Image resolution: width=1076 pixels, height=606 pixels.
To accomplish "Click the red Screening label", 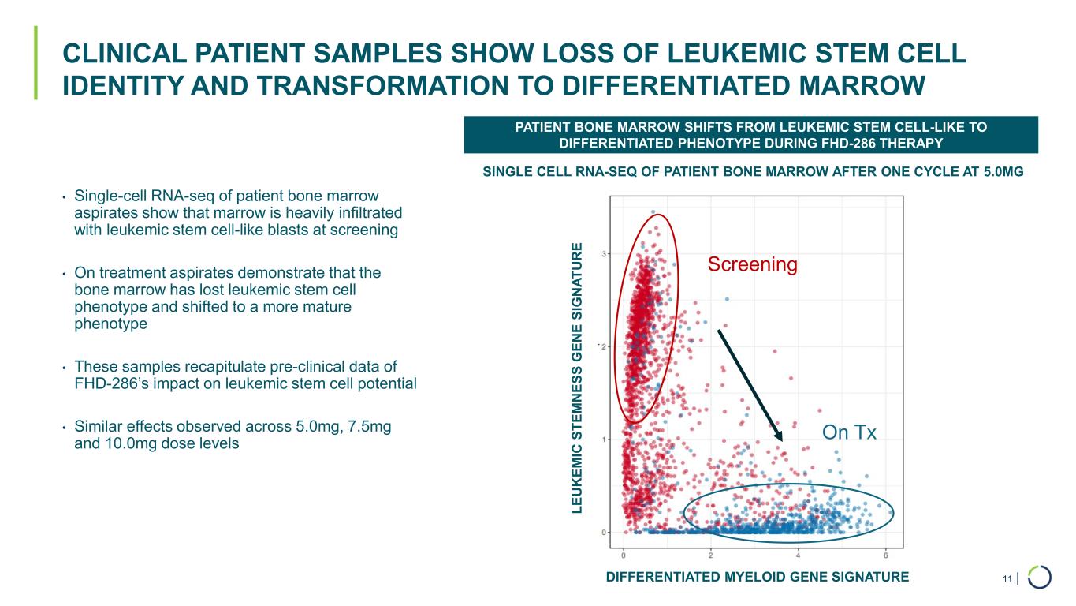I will click(x=752, y=265).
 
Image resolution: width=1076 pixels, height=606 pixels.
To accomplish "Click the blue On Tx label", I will click(x=849, y=432).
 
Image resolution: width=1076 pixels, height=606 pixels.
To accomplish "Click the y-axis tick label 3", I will click(x=605, y=253).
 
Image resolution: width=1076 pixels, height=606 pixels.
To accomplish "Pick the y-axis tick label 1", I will click(x=605, y=440).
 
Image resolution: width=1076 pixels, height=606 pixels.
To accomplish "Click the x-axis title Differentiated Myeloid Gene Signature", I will click(x=757, y=578).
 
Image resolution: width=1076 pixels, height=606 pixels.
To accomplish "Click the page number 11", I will click(x=1007, y=580).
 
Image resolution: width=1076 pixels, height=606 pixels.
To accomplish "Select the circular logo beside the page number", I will click(x=1040, y=578).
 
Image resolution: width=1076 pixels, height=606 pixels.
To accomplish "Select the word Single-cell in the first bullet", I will click(x=106, y=195).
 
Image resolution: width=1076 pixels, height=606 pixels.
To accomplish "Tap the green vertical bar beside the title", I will click(x=35, y=63).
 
